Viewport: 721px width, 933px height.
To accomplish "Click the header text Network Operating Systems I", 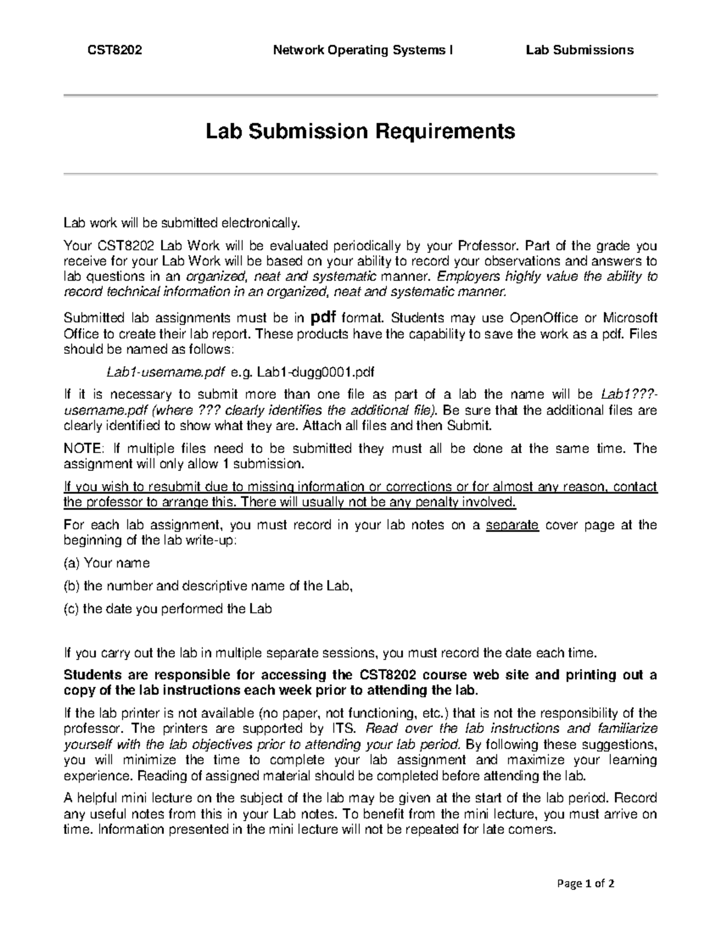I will click(363, 50).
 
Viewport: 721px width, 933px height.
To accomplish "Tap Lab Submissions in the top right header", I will click(579, 50).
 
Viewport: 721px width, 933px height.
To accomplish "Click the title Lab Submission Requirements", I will click(360, 130).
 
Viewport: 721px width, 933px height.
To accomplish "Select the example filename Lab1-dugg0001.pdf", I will click(315, 372).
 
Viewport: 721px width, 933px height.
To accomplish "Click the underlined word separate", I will click(511, 525).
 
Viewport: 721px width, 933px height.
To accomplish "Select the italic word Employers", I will click(464, 277).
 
